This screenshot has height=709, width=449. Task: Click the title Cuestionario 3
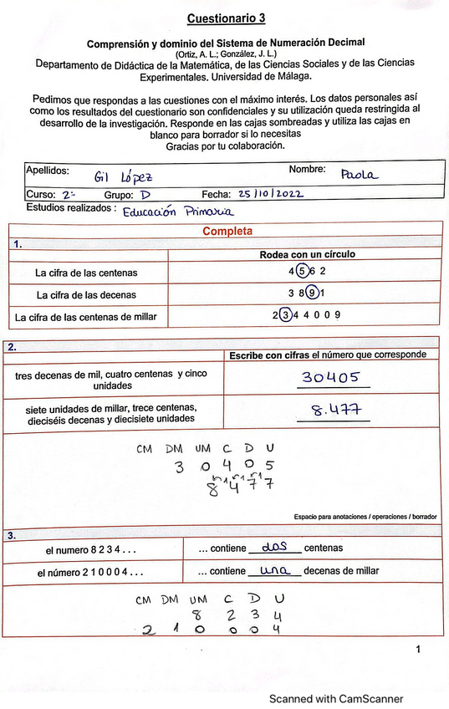pyautogui.click(x=227, y=18)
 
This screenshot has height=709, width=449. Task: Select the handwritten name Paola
pyautogui.click(x=360, y=174)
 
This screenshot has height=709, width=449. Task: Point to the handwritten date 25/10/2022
pyautogui.click(x=270, y=194)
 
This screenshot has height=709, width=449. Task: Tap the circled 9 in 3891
pyautogui.click(x=311, y=294)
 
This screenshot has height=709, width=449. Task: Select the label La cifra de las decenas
pyautogui.click(x=86, y=295)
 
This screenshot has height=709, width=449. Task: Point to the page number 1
pyautogui.click(x=419, y=649)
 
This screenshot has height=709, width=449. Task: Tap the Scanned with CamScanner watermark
pyautogui.click(x=335, y=698)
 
